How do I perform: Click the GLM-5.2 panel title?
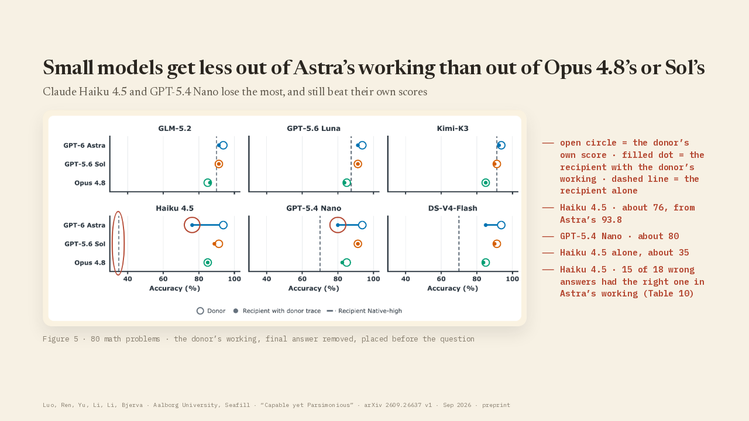point(174,129)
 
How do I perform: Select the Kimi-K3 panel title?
point(452,129)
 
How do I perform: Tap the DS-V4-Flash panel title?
point(452,209)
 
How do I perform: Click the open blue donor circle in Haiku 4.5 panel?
point(224,225)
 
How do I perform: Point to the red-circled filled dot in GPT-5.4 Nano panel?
point(338,225)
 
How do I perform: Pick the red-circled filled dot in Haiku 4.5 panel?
point(192,225)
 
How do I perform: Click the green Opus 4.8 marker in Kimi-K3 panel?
point(486,183)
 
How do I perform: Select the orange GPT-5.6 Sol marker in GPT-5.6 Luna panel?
point(358,164)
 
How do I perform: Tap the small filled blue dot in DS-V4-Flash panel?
point(486,225)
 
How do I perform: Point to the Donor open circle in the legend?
point(200,311)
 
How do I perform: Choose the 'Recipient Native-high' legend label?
point(370,311)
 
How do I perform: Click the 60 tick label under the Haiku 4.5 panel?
point(163,279)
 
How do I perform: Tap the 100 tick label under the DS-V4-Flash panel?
point(512,279)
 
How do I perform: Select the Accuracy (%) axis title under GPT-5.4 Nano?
point(314,288)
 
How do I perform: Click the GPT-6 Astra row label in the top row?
point(84,146)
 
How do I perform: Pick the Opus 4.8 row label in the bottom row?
point(90,263)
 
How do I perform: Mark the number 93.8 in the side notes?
point(607,220)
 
